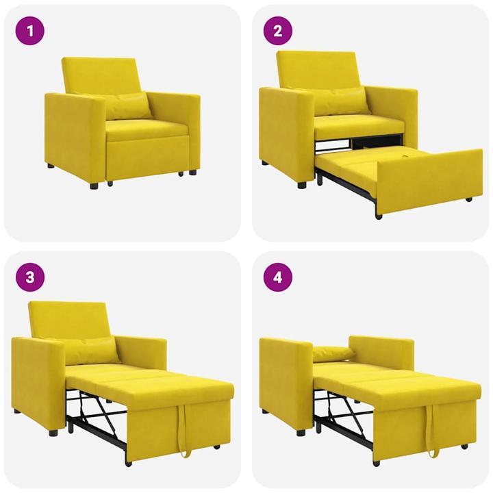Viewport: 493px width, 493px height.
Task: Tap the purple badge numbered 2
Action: click(x=278, y=30)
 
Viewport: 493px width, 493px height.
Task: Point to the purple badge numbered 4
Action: click(x=278, y=277)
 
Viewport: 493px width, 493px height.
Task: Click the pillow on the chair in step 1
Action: click(x=127, y=105)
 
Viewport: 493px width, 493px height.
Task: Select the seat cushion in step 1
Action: click(x=145, y=129)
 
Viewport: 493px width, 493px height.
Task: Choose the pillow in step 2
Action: click(x=340, y=101)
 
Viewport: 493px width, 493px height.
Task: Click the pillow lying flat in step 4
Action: click(x=333, y=354)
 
